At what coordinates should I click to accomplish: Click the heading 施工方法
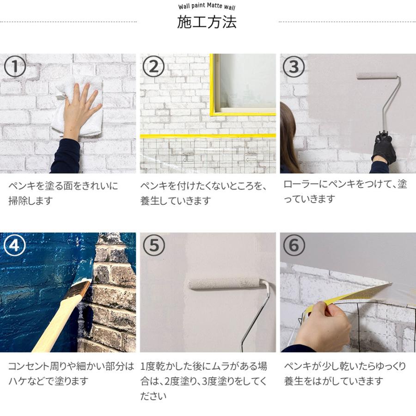(x=207, y=22)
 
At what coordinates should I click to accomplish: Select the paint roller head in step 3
(x=377, y=76)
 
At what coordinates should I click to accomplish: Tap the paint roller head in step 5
(x=224, y=283)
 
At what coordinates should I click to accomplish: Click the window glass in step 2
(x=247, y=81)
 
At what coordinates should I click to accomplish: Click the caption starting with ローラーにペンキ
(x=345, y=191)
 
